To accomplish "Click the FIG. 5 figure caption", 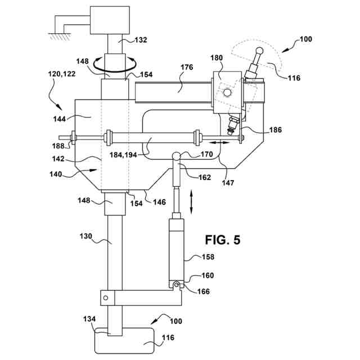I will (222, 240).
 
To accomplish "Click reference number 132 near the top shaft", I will (142, 40).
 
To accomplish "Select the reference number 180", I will (217, 58).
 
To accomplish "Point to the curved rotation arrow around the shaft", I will (115, 64).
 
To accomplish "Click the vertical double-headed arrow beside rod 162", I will (193, 201).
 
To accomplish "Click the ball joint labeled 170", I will (177, 156).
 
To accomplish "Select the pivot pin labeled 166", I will (176, 286).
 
